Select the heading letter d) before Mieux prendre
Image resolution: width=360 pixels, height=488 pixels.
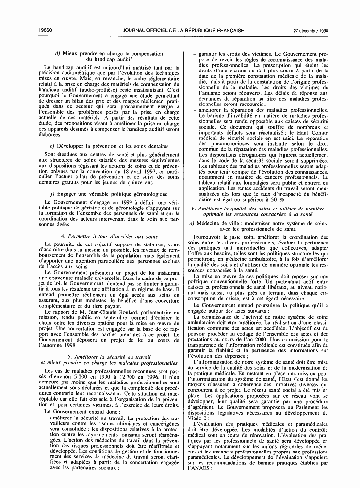(58, 53)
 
